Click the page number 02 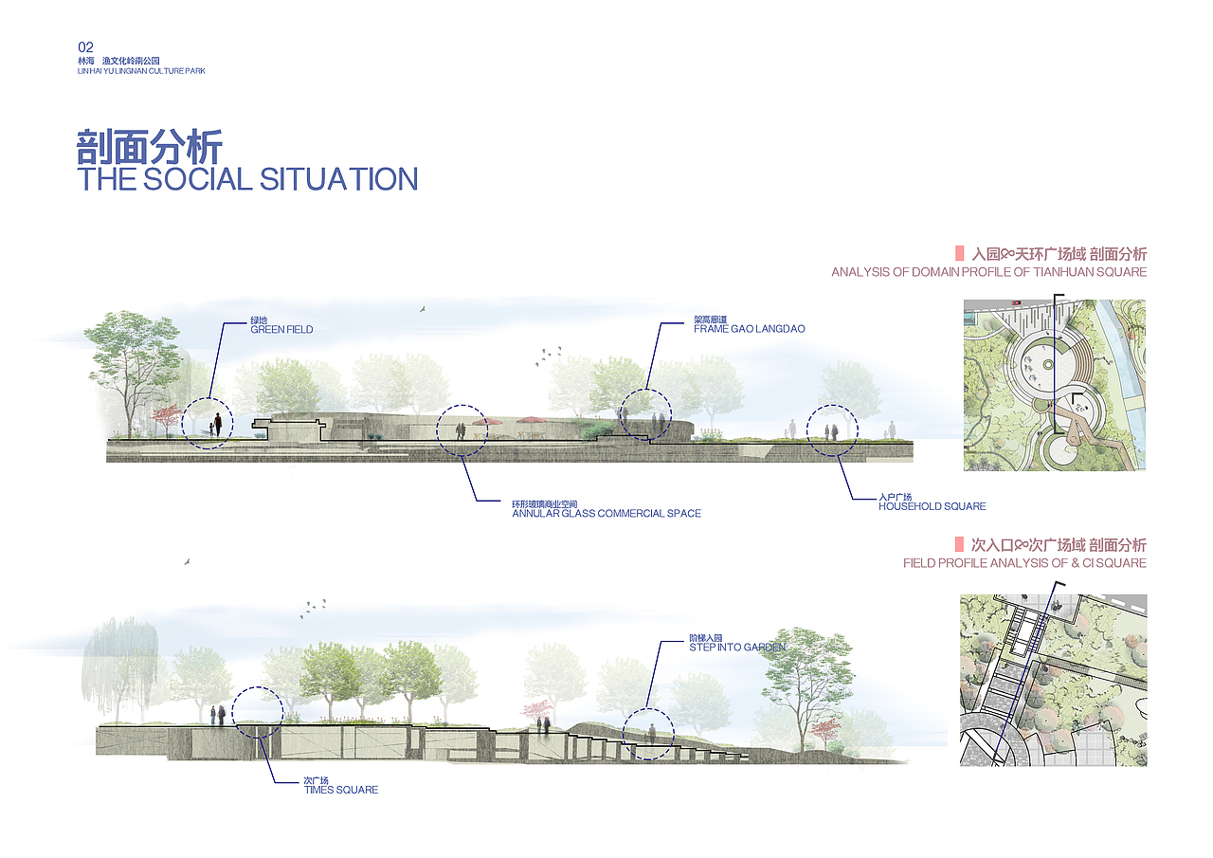(85, 47)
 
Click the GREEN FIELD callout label (281, 329)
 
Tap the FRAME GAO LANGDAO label (749, 329)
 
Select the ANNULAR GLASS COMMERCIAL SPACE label (606, 513)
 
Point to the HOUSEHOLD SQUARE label (932, 506)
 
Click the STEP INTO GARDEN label (737, 648)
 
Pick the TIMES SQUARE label (341, 790)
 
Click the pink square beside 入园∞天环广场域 (960, 253)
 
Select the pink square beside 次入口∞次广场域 (959, 544)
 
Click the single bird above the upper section (423, 309)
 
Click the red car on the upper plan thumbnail (1015, 302)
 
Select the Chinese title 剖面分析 (150, 147)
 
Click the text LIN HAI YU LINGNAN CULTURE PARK (141, 71)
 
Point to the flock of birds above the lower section (313, 609)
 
